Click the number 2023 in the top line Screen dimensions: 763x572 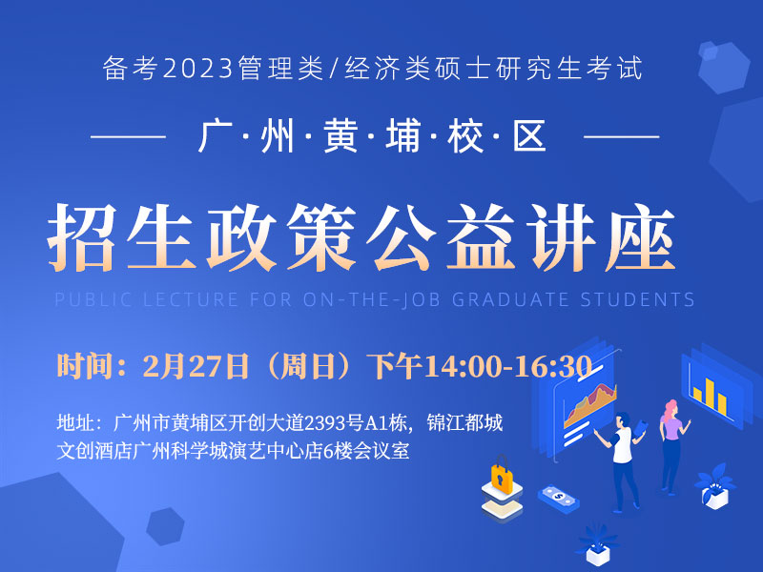click(197, 69)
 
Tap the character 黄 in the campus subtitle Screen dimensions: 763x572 click(340, 136)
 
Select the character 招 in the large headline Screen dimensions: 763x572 click(82, 237)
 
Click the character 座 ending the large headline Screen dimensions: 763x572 click(640, 237)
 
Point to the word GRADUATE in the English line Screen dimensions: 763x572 click(510, 299)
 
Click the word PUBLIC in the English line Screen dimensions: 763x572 click(93, 299)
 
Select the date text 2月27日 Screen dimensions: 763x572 click(196, 366)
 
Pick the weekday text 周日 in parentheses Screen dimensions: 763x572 click(307, 366)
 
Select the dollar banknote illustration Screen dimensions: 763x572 click(558, 497)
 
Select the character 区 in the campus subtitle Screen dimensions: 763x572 click(529, 136)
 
